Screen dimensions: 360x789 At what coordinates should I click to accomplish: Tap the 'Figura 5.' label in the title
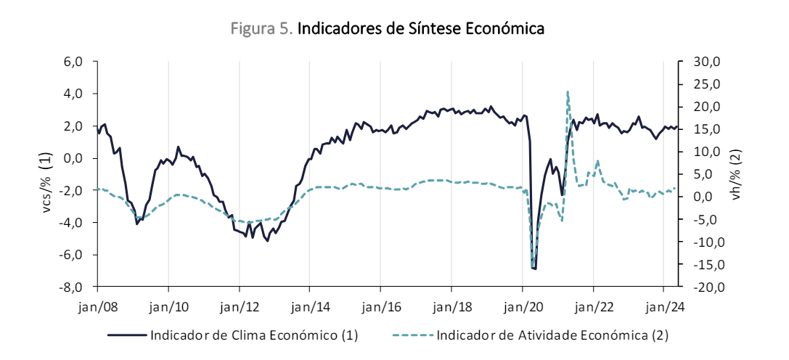click(262, 29)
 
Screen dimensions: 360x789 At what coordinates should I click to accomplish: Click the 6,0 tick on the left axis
click(75, 62)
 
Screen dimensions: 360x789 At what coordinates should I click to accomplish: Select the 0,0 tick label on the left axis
click(75, 158)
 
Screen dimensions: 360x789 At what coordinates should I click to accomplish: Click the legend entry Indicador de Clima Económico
click(254, 335)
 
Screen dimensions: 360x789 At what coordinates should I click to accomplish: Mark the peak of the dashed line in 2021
click(567, 91)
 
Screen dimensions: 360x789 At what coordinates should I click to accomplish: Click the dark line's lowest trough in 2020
click(534, 269)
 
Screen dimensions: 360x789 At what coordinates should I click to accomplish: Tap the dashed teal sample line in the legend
click(413, 335)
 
